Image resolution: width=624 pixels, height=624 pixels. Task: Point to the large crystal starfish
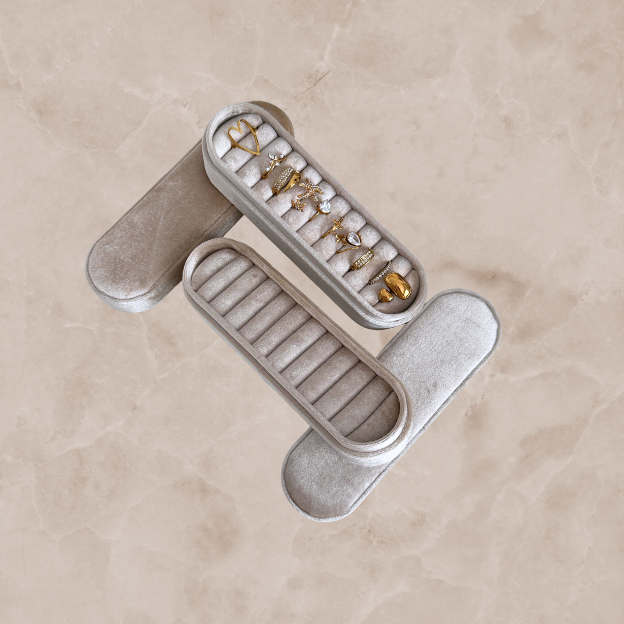click(x=310, y=190)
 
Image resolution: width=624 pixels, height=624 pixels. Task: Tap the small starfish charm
click(x=298, y=205)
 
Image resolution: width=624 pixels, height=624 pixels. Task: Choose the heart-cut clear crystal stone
click(x=325, y=206)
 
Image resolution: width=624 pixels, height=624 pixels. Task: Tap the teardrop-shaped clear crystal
click(x=352, y=238)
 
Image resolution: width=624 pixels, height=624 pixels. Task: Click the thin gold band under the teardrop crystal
click(x=345, y=249)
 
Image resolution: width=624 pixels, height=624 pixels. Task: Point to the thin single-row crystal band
click(x=380, y=273)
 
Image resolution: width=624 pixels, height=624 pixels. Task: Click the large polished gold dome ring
click(x=398, y=285)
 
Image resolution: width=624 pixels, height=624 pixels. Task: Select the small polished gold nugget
click(x=385, y=296)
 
